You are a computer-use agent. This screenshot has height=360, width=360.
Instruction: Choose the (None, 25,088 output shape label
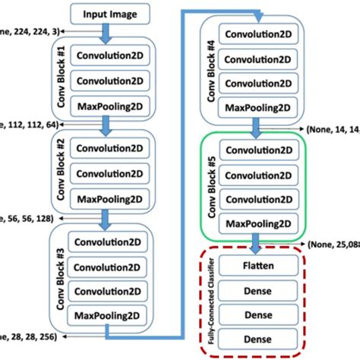click(332, 244)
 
